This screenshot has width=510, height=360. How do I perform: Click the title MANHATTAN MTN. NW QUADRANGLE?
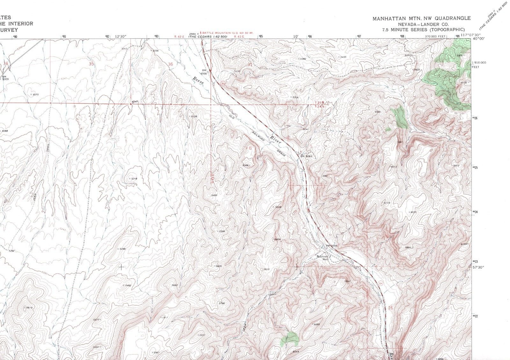click(x=421, y=18)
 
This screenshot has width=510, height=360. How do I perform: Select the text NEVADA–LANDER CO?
click(x=422, y=24)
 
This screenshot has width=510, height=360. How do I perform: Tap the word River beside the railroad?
click(x=275, y=140)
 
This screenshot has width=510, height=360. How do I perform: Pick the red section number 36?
click(x=171, y=64)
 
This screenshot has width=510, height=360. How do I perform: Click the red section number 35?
click(x=91, y=64)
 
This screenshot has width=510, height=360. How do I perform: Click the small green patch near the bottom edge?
click(x=290, y=338)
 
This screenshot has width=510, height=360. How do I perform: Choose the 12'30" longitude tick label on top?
click(x=121, y=37)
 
